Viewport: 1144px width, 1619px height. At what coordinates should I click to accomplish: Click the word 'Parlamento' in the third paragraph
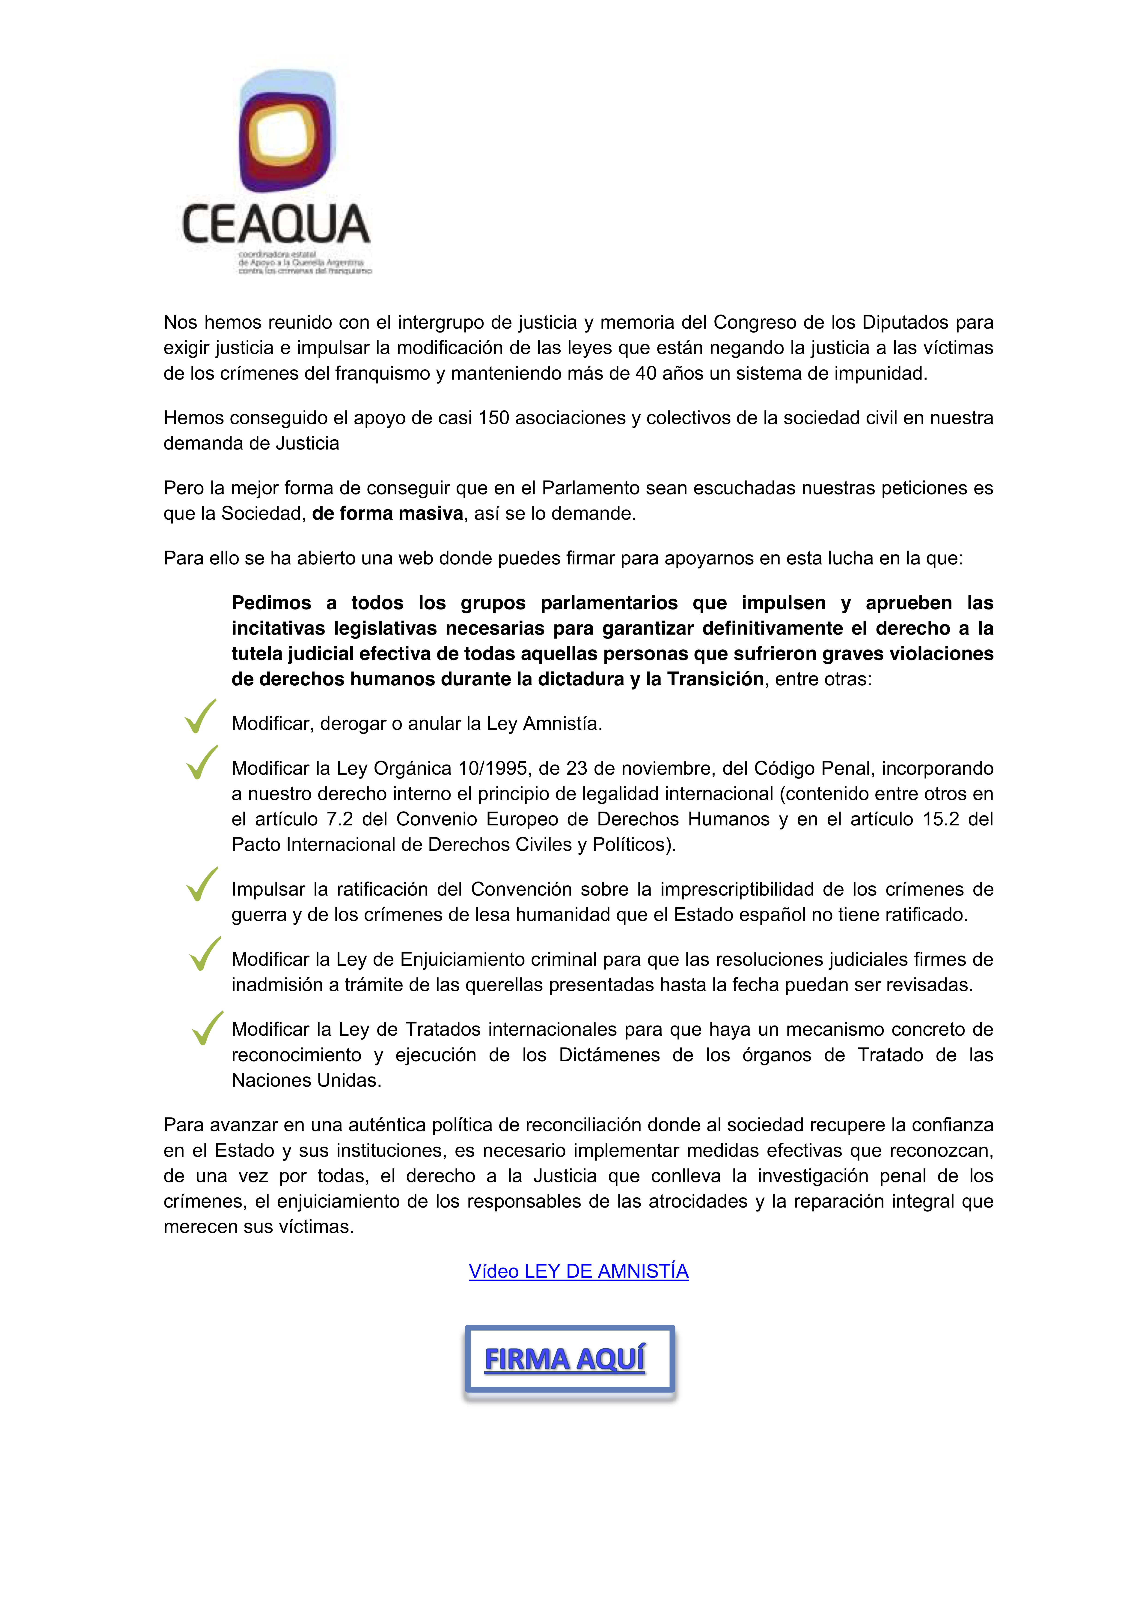pyautogui.click(x=592, y=488)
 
